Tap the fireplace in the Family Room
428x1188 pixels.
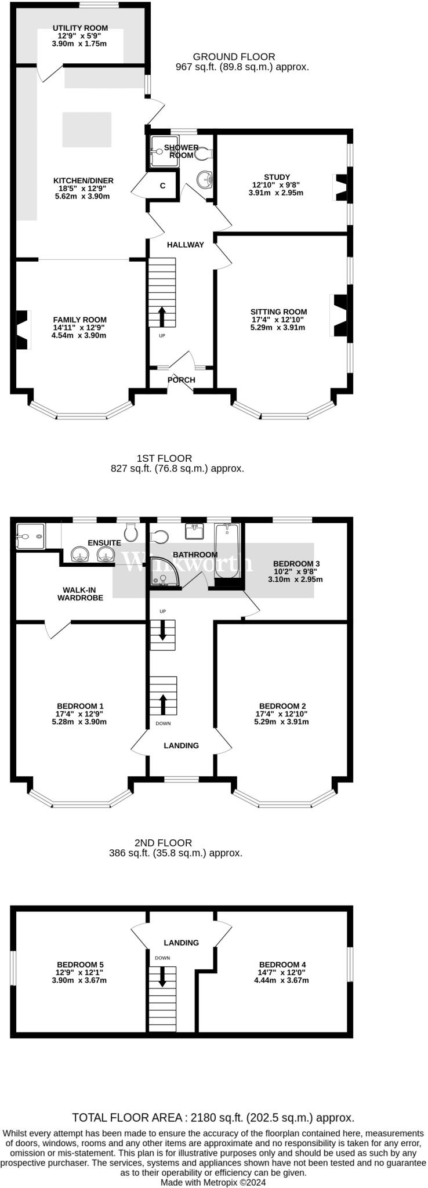22,329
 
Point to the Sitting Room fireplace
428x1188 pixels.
339,316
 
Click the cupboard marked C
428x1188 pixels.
162,186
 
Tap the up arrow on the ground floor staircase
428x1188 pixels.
161,317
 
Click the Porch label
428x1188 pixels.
182,380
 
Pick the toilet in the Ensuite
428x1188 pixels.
131,531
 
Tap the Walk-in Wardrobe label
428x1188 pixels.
80,593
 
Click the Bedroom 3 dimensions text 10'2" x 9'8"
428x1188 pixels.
295,571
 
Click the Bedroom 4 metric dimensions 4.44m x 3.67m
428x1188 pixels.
281,980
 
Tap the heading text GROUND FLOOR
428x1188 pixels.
234,57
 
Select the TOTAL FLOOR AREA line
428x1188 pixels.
213,1117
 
